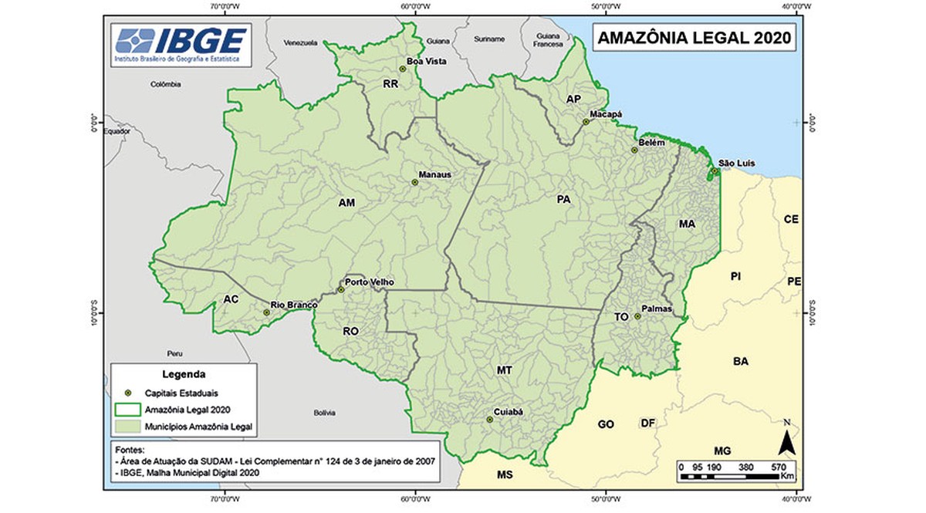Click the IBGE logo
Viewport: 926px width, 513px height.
pyautogui.click(x=182, y=43)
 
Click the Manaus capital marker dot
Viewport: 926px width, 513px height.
pyautogui.click(x=414, y=182)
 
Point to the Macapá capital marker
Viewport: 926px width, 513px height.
pyautogui.click(x=585, y=121)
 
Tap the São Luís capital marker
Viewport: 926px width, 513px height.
pyautogui.click(x=715, y=171)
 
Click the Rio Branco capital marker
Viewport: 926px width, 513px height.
pyautogui.click(x=266, y=312)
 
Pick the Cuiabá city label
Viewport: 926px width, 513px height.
pyautogui.click(x=509, y=412)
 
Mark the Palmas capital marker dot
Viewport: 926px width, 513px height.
pyautogui.click(x=637, y=316)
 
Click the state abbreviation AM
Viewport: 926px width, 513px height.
pyautogui.click(x=346, y=204)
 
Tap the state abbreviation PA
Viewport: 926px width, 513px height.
pyautogui.click(x=563, y=199)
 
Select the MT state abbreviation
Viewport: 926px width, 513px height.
pyautogui.click(x=504, y=371)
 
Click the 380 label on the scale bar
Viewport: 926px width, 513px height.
pyautogui.click(x=745, y=466)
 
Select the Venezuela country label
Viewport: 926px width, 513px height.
pyautogui.click(x=301, y=42)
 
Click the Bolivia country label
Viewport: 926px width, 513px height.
pyautogui.click(x=324, y=413)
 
